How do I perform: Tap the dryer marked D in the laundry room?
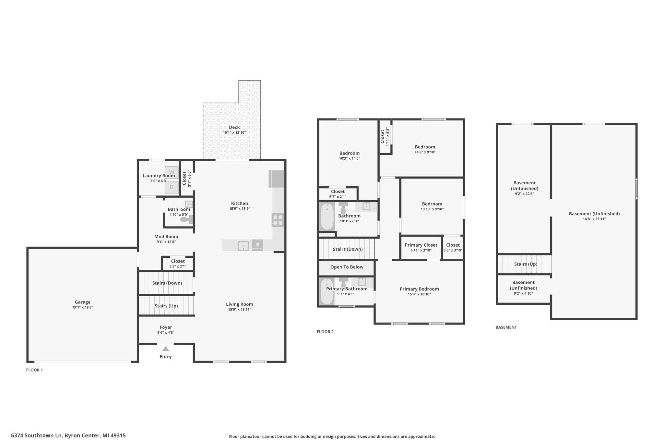pos(172,187)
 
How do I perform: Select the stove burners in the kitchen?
pos(278,220)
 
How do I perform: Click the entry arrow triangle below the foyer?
pos(166,349)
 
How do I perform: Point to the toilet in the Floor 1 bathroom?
pos(186,220)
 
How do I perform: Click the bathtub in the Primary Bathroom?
pos(327,291)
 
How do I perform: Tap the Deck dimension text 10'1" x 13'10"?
pos(234,133)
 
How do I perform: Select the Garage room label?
pos(83,302)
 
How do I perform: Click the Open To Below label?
pos(347,267)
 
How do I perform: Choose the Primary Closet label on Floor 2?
pos(421,245)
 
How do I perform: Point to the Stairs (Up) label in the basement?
pos(526,264)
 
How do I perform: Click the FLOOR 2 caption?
pos(325,332)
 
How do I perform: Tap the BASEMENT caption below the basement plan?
pos(506,327)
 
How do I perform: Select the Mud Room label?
pos(166,237)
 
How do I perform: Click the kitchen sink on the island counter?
pos(243,246)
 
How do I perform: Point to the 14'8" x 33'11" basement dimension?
pos(594,219)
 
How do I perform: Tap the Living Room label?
pos(240,304)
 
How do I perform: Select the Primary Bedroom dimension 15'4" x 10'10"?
pos(419,294)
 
